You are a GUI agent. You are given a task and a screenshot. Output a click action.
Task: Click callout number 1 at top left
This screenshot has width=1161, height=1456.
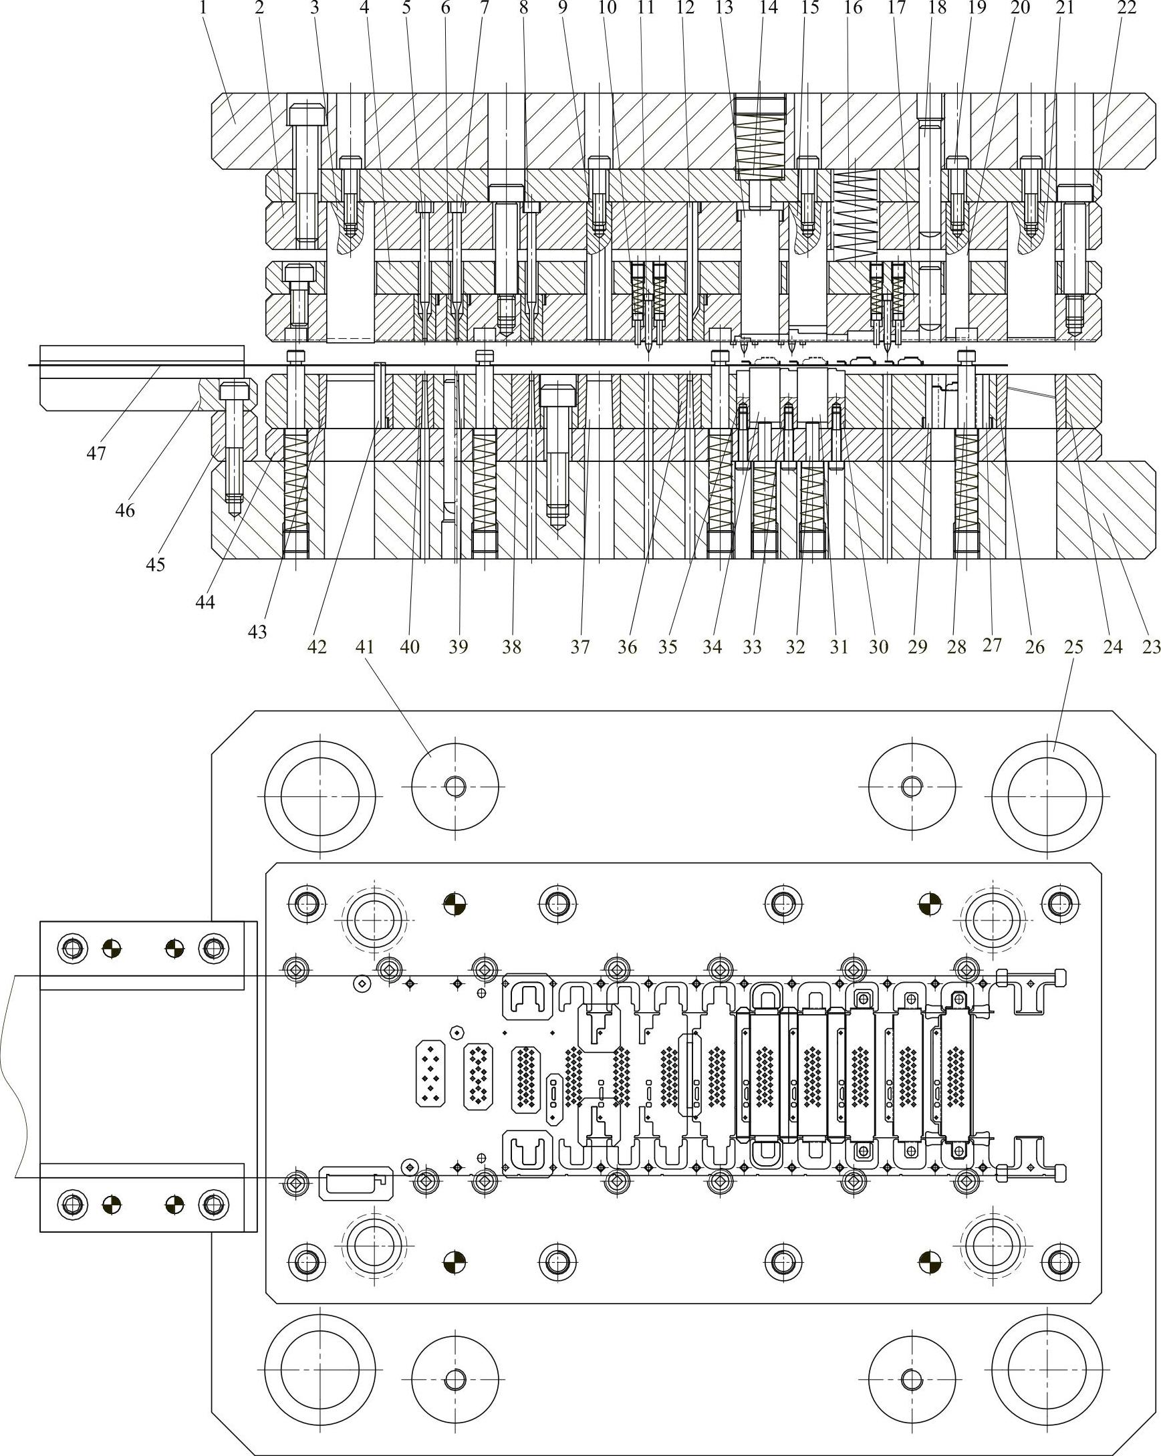click(201, 9)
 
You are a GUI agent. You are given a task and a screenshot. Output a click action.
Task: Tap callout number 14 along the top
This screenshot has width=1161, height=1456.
click(769, 9)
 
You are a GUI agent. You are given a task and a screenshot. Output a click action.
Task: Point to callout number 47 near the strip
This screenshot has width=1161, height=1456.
click(96, 453)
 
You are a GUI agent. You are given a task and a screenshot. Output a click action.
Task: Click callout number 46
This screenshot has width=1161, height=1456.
click(125, 511)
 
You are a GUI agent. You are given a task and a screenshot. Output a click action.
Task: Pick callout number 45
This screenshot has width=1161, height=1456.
click(155, 564)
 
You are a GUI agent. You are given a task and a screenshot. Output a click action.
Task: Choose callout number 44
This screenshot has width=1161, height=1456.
click(205, 601)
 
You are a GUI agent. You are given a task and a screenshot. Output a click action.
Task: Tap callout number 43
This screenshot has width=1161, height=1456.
click(257, 632)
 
